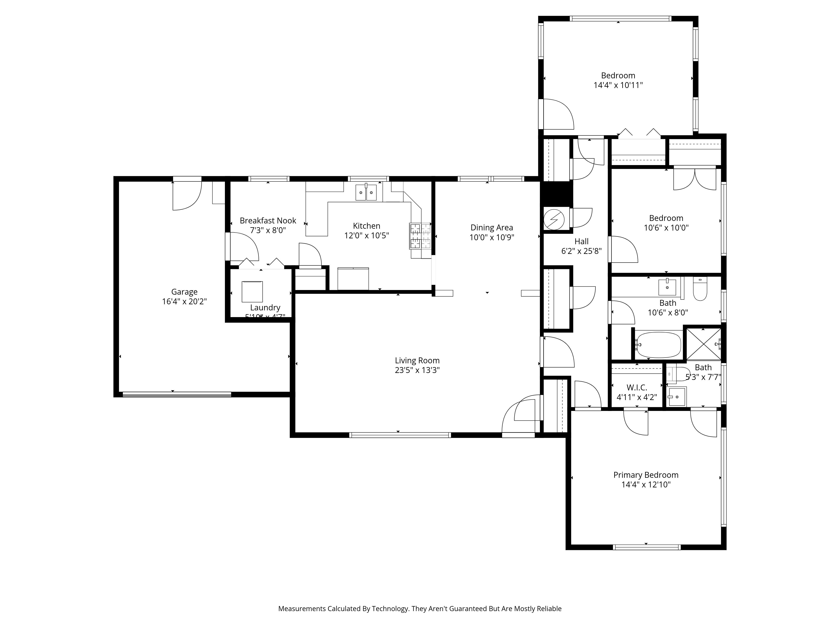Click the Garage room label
tap(184, 292)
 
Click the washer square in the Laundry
tap(252, 292)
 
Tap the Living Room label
tap(417, 360)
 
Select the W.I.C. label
tap(637, 387)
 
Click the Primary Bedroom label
tap(646, 475)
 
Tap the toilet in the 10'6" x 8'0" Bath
tap(700, 290)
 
